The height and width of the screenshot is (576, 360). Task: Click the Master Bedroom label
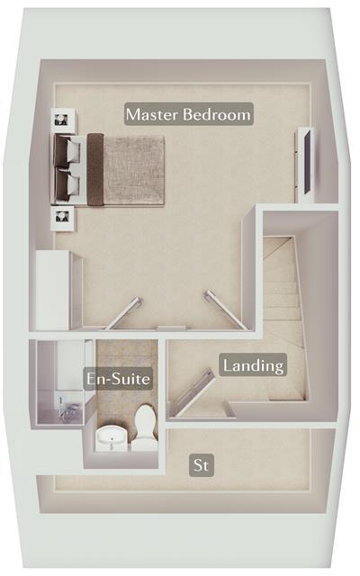[189, 114]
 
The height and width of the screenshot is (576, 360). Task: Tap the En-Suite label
[118, 379]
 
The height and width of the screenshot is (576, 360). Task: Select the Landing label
[254, 365]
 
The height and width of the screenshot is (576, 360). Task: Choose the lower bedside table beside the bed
[63, 217]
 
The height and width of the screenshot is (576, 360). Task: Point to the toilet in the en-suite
[144, 427]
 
